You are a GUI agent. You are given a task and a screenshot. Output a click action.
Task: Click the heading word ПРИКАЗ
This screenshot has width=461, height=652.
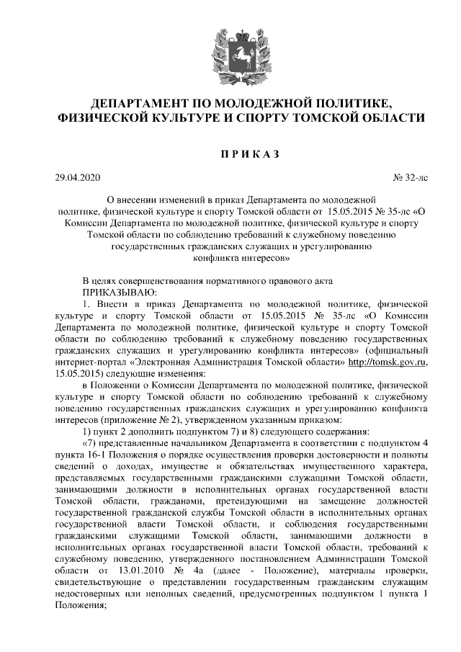[230, 153]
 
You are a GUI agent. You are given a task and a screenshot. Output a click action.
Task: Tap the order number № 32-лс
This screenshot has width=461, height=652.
[408, 177]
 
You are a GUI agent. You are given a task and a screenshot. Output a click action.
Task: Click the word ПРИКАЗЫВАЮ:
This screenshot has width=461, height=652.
[119, 292]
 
